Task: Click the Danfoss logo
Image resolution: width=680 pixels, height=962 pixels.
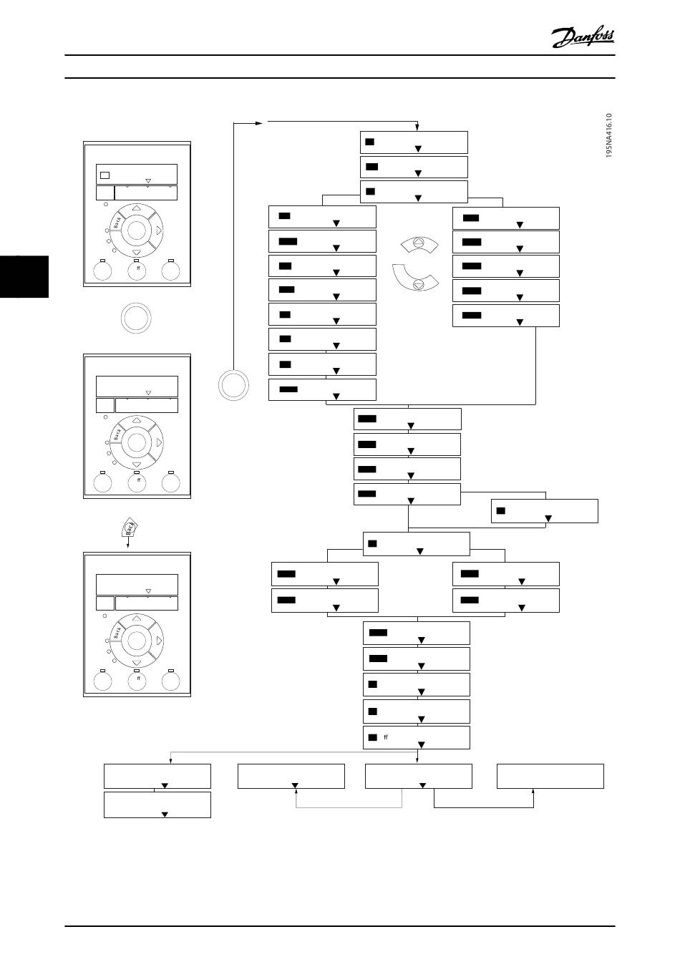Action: (x=583, y=37)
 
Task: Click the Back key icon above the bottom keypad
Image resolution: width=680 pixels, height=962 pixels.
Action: (x=130, y=528)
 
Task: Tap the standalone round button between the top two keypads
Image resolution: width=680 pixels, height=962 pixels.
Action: (x=135, y=318)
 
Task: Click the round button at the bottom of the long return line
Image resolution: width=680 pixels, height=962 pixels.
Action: (x=234, y=385)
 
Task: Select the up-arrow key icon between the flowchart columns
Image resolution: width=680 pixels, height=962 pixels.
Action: (x=419, y=245)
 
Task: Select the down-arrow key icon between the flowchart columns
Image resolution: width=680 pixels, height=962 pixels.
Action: (x=419, y=283)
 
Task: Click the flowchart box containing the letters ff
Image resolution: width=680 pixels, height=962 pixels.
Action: (x=417, y=737)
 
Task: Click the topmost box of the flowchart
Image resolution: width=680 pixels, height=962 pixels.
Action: (x=414, y=142)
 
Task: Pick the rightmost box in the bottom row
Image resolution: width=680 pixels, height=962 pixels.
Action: (x=550, y=776)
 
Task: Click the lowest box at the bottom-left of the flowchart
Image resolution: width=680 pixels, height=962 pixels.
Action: (x=157, y=805)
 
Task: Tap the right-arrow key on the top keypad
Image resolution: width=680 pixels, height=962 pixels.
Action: (x=158, y=230)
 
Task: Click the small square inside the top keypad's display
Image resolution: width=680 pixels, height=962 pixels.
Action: (x=105, y=174)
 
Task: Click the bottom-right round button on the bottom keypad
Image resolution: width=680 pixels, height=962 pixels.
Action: (x=170, y=681)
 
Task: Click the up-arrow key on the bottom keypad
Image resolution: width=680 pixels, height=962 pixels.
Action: (x=136, y=618)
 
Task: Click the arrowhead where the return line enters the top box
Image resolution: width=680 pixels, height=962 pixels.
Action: (x=417, y=128)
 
